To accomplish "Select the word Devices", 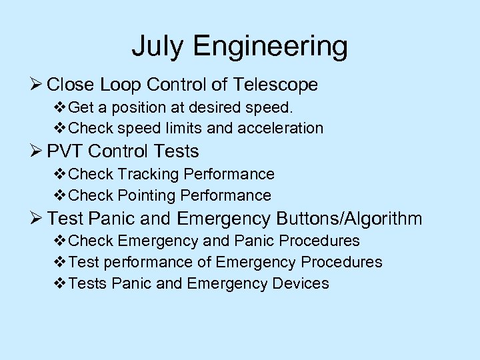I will (x=300, y=283).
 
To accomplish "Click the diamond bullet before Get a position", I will (x=59, y=107).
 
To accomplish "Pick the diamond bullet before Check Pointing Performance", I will (x=59, y=195).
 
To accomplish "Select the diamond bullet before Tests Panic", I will (x=59, y=283).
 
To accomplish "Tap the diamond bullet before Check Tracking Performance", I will (x=59, y=174).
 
